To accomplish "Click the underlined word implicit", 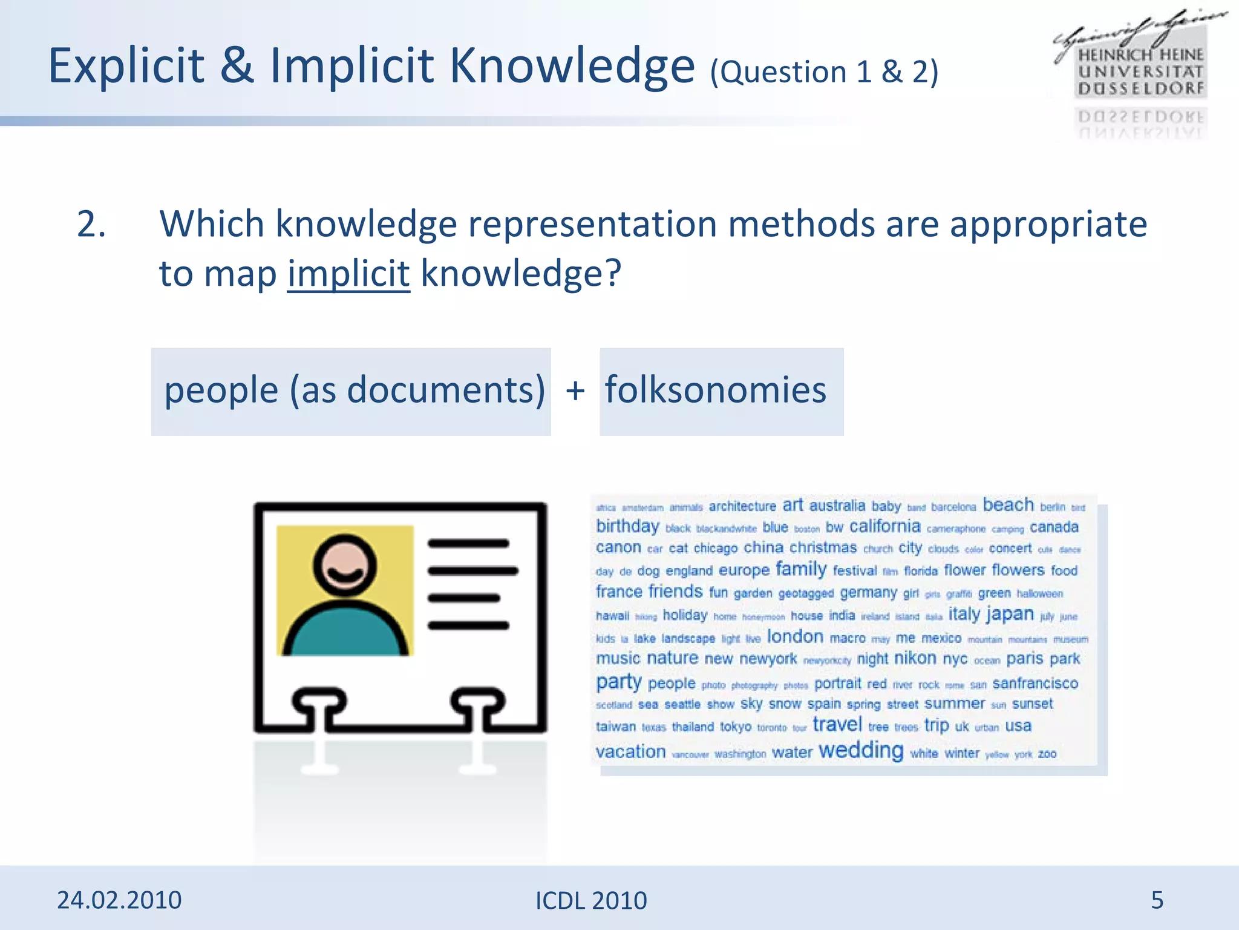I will pyautogui.click(x=348, y=274).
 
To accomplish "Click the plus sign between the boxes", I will pyautogui.click(x=575, y=391).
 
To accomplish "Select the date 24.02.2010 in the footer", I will pyautogui.click(x=119, y=900).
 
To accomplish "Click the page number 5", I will pyautogui.click(x=1157, y=900).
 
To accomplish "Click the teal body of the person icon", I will pyautogui.click(x=345, y=630).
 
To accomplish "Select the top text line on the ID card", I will pyautogui.click(x=468, y=544).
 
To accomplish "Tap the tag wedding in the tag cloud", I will pyautogui.click(x=860, y=750).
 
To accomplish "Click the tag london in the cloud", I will pyautogui.click(x=795, y=636).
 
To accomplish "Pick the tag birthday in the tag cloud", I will pyautogui.click(x=627, y=526).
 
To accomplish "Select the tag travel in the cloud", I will pyautogui.click(x=837, y=724).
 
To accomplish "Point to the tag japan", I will pyautogui.click(x=1010, y=614).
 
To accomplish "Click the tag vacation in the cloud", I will pyautogui.click(x=630, y=751).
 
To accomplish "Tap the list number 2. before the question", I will pyautogui.click(x=91, y=224).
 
